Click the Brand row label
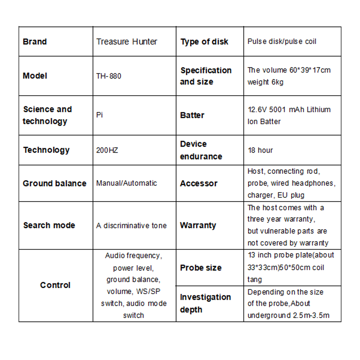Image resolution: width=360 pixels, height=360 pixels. [35, 42]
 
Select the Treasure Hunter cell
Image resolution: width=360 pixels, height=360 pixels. [127, 42]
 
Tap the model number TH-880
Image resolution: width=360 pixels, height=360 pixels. [109, 76]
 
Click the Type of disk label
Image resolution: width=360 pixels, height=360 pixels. [204, 42]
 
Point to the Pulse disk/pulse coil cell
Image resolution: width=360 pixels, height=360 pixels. [282, 42]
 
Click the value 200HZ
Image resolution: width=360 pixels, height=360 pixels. [107, 150]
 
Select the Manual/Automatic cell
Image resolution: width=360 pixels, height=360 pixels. [126, 183]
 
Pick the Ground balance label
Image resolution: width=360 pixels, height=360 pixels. [55, 183]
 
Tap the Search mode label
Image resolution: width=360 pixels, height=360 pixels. [49, 225]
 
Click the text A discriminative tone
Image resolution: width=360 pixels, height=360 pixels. [131, 225]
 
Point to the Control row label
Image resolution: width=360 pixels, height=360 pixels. [55, 285]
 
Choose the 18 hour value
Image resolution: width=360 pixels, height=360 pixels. [260, 150]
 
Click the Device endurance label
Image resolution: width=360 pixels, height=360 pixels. [201, 150]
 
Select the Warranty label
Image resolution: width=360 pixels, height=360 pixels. [198, 225]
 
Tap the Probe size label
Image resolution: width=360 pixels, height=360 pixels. [200, 268]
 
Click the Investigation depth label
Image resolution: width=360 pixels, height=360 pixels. [205, 303]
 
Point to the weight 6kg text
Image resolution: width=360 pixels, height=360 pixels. [265, 82]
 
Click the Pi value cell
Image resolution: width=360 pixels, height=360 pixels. [99, 115]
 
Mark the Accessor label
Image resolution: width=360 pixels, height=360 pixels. [199, 183]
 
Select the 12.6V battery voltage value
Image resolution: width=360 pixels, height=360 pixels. [257, 110]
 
